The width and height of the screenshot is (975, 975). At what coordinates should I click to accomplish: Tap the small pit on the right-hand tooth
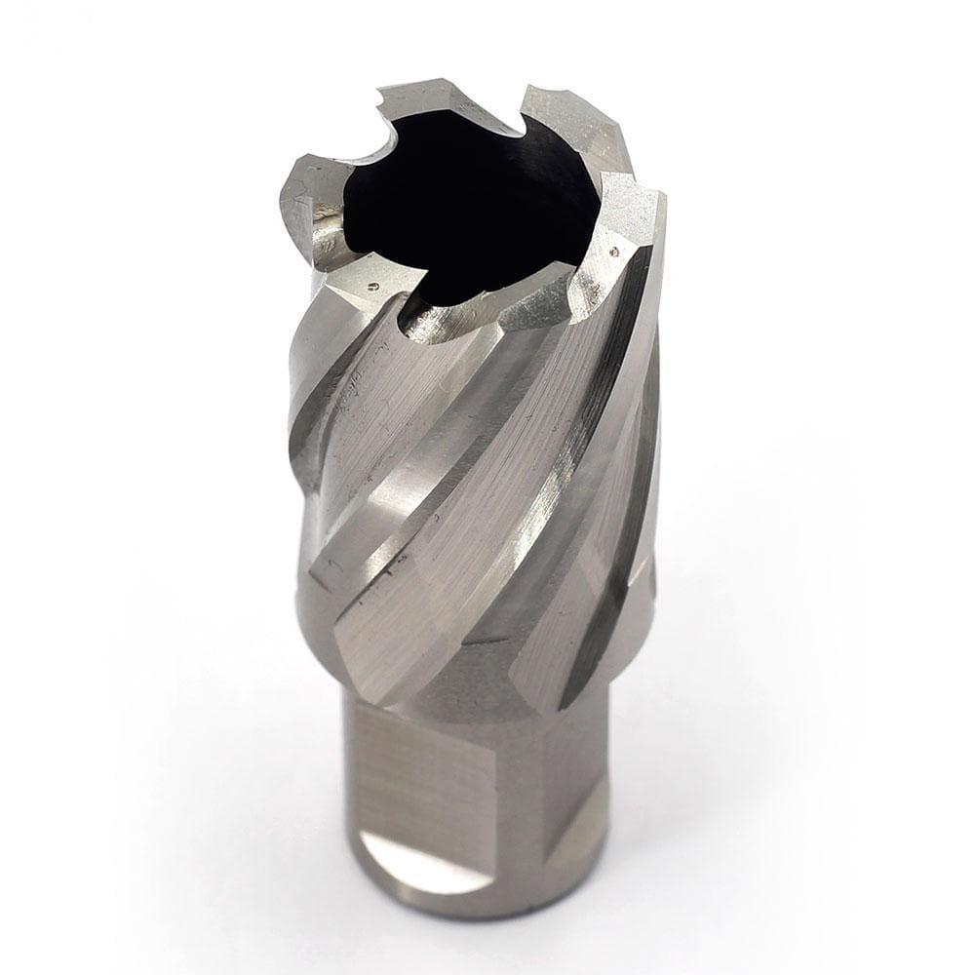tap(612, 251)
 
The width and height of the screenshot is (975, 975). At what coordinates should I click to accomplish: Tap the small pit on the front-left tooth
tap(374, 287)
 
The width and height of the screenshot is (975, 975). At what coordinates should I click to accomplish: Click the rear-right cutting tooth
tap(565, 122)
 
